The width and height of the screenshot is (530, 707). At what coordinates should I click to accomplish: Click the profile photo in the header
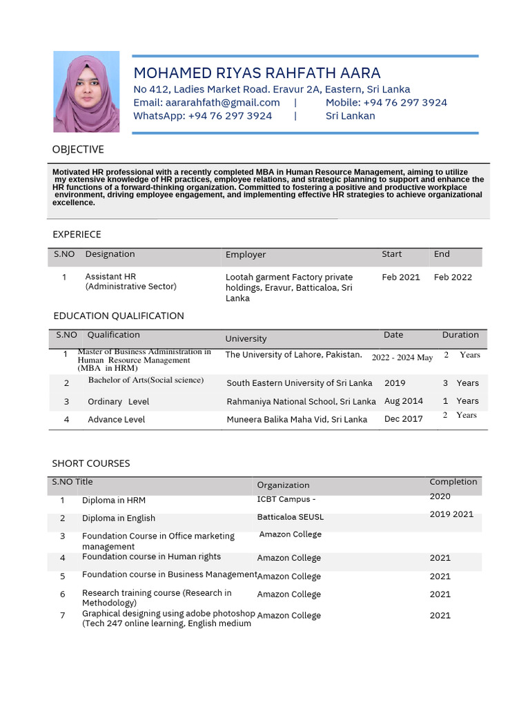pyautogui.click(x=86, y=92)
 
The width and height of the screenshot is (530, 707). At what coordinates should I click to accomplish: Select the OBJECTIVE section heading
pyautogui.click(x=78, y=149)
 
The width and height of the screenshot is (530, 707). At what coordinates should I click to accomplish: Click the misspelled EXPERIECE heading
pyautogui.click(x=77, y=235)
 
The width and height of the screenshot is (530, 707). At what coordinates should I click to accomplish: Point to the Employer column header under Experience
pyautogui.click(x=246, y=255)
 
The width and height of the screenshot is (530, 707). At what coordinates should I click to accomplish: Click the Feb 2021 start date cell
pyautogui.click(x=400, y=278)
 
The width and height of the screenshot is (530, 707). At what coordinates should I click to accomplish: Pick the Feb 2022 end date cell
pyautogui.click(x=453, y=278)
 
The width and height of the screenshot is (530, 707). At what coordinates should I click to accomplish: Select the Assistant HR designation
pyautogui.click(x=110, y=277)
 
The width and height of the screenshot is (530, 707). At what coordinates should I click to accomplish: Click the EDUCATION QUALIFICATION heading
pyautogui.click(x=119, y=316)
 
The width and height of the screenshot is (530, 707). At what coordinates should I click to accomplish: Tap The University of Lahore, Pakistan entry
pyautogui.click(x=293, y=355)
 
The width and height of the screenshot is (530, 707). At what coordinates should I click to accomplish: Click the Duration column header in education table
pyautogui.click(x=460, y=335)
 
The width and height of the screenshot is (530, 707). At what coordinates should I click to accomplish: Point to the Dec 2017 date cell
pyautogui.click(x=403, y=419)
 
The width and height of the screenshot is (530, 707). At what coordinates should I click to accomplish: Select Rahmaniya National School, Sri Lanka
pyautogui.click(x=301, y=401)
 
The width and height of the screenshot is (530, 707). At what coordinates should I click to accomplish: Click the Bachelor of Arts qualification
pyautogui.click(x=146, y=380)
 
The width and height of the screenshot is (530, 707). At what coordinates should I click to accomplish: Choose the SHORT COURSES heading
pyautogui.click(x=91, y=463)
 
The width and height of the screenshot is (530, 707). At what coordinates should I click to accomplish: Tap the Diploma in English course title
pyautogui.click(x=119, y=519)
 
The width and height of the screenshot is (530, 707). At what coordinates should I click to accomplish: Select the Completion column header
pyautogui.click(x=453, y=482)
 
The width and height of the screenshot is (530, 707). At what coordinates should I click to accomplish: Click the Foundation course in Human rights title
pyautogui.click(x=151, y=556)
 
